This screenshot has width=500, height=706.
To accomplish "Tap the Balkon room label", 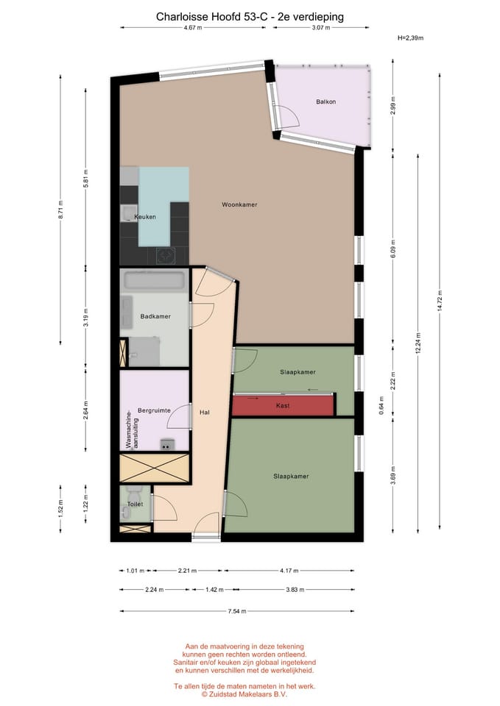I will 325,101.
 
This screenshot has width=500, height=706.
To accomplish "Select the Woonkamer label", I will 239,204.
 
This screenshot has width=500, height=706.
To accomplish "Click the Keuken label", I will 145,217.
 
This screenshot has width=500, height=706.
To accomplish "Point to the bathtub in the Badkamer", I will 154,280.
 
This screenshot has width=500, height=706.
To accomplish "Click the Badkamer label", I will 155,316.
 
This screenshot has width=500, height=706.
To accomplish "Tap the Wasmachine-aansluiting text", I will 130,429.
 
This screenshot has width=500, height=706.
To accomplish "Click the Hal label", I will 205,413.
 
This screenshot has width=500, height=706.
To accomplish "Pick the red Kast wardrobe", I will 284,405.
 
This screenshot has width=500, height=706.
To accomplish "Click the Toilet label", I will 135,504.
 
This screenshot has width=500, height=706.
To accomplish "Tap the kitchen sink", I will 128,214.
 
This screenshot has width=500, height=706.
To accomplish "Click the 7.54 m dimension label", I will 236,610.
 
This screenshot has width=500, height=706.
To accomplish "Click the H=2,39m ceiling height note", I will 410,38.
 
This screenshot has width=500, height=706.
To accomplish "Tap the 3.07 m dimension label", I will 320,28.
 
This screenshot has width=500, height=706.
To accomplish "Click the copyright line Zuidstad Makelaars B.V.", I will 245,693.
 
